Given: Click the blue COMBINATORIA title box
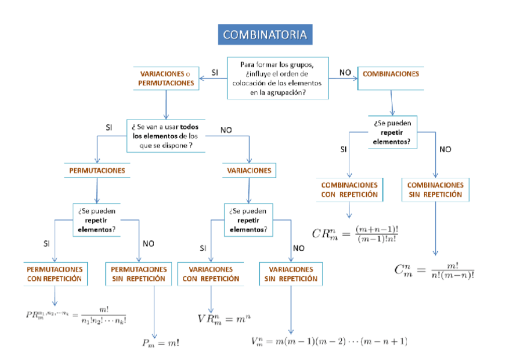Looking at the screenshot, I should (x=265, y=35).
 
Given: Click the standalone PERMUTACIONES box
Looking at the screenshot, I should (x=97, y=171).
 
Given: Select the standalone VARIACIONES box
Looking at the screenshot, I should (x=249, y=171).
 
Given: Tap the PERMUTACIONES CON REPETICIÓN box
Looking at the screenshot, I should (x=55, y=274).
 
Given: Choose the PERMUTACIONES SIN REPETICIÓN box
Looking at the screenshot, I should (x=138, y=274).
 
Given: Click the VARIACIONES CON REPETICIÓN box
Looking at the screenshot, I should (x=210, y=274).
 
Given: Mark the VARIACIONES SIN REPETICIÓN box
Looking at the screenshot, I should (x=291, y=274).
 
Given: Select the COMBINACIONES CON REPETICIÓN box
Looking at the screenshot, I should (x=349, y=190).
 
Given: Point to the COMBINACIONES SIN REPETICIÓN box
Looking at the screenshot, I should (x=435, y=190).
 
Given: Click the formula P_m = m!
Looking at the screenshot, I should (x=161, y=343).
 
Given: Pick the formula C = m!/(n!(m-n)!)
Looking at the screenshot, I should (x=434, y=270).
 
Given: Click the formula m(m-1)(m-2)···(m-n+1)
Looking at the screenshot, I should (x=330, y=341).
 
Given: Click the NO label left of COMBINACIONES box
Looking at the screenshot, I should (x=345, y=72).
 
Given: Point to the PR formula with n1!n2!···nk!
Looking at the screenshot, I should (x=76, y=315).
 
